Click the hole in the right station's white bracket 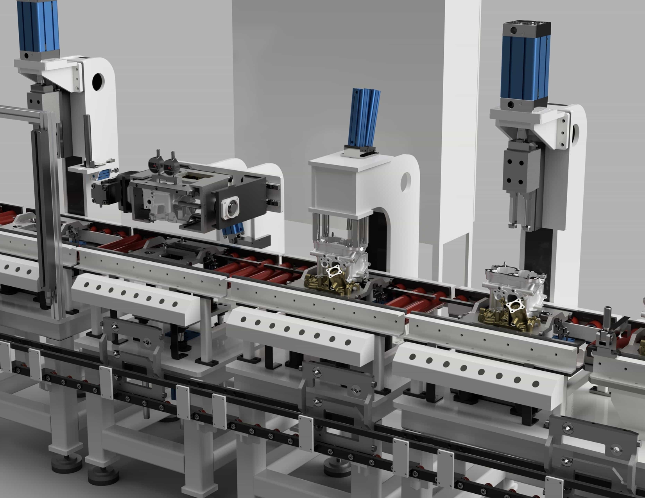coord(575,133)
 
